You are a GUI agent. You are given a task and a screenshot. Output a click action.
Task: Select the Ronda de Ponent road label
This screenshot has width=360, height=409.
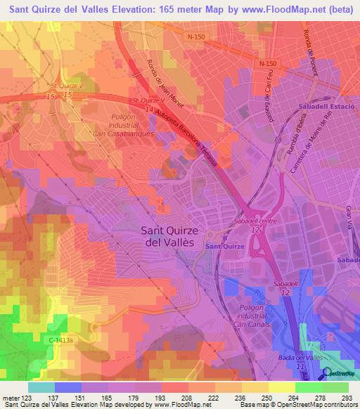click(309, 49)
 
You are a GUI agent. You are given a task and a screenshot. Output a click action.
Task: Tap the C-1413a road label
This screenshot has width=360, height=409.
click(62, 341)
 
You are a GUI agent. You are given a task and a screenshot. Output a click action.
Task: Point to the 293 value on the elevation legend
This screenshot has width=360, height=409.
click(347, 397)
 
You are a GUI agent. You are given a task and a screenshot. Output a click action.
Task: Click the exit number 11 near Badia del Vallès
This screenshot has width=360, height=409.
click(300, 366)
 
